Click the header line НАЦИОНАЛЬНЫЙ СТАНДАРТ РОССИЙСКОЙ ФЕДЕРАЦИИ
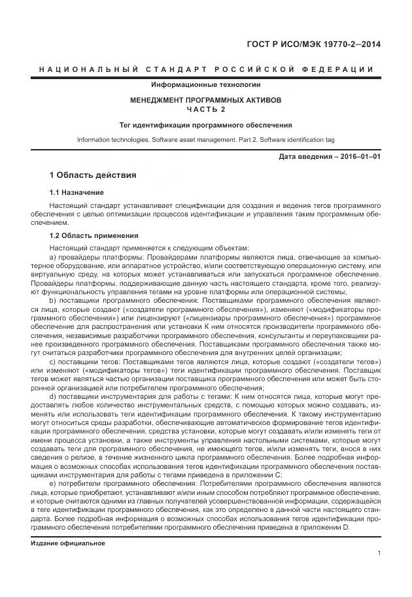coord(206,69)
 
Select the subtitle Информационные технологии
coord(205,85)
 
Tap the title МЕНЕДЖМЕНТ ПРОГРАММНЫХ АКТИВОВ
coord(205,101)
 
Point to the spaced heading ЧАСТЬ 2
coord(205,110)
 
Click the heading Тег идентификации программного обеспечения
coord(205,125)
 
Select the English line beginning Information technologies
coord(205,140)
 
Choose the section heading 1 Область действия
coord(92,176)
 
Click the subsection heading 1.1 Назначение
coord(77,193)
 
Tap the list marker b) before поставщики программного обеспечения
coord(53,299)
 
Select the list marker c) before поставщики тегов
coord(53,362)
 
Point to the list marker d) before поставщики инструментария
coord(53,396)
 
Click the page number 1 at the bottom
coord(379,554)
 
